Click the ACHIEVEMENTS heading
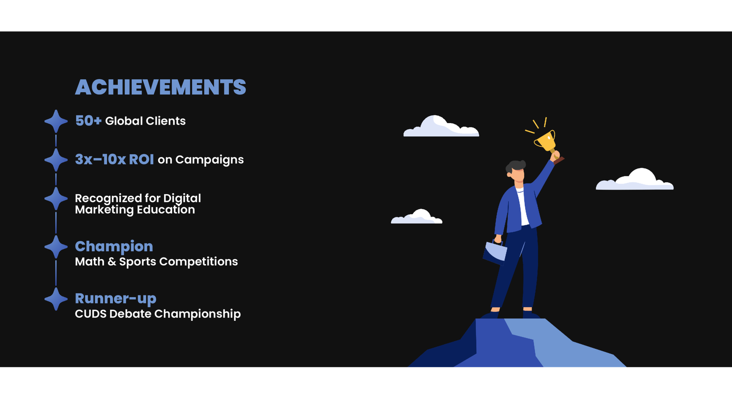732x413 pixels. [161, 87]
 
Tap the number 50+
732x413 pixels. [88, 121]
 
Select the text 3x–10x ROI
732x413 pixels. [114, 160]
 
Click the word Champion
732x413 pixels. [114, 247]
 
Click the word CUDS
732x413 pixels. [91, 314]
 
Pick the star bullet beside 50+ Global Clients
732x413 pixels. [56, 121]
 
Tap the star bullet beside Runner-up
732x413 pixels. [56, 299]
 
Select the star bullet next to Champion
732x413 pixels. [56, 247]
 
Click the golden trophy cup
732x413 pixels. [545, 141]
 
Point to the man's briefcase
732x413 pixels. [495, 252]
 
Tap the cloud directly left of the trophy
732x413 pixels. [441, 126]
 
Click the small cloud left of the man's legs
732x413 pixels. [417, 217]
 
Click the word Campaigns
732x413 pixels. [210, 160]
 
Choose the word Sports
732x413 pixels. [137, 262]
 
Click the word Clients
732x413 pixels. [166, 121]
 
